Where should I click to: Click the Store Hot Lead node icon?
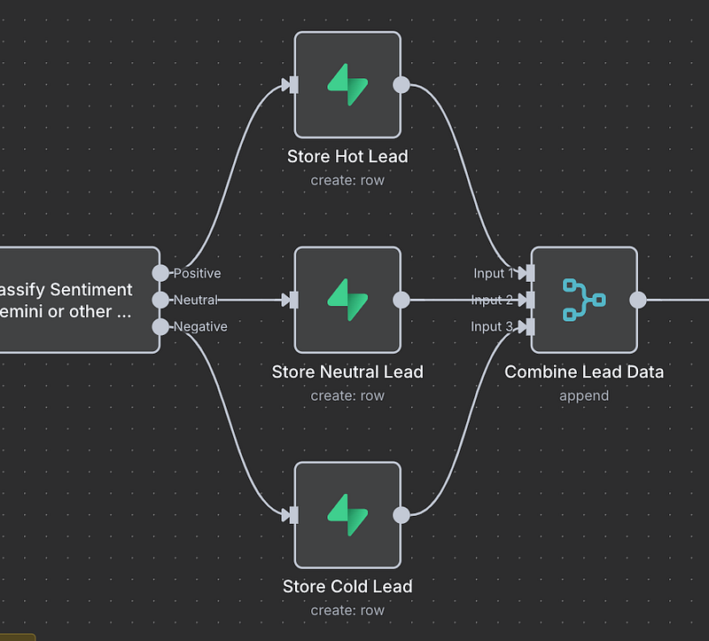347,85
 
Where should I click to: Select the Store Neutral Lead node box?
347,300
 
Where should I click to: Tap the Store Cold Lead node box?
347,515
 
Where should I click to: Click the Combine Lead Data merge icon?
584,300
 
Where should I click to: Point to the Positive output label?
198,273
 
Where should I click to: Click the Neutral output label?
195,300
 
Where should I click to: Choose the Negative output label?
200,326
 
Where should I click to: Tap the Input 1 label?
493,273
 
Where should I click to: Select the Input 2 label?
492,300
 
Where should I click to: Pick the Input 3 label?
492,326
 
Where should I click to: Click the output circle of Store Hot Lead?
401,85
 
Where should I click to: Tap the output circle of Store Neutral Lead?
401,300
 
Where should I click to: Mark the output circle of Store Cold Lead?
401,515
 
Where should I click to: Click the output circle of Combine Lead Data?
638,300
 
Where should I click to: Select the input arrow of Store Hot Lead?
289,85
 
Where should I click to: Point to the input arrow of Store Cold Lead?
289,515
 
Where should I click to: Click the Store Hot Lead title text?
347,157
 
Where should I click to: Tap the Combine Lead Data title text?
584,372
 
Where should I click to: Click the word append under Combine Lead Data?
584,395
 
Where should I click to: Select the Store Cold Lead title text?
347,587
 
